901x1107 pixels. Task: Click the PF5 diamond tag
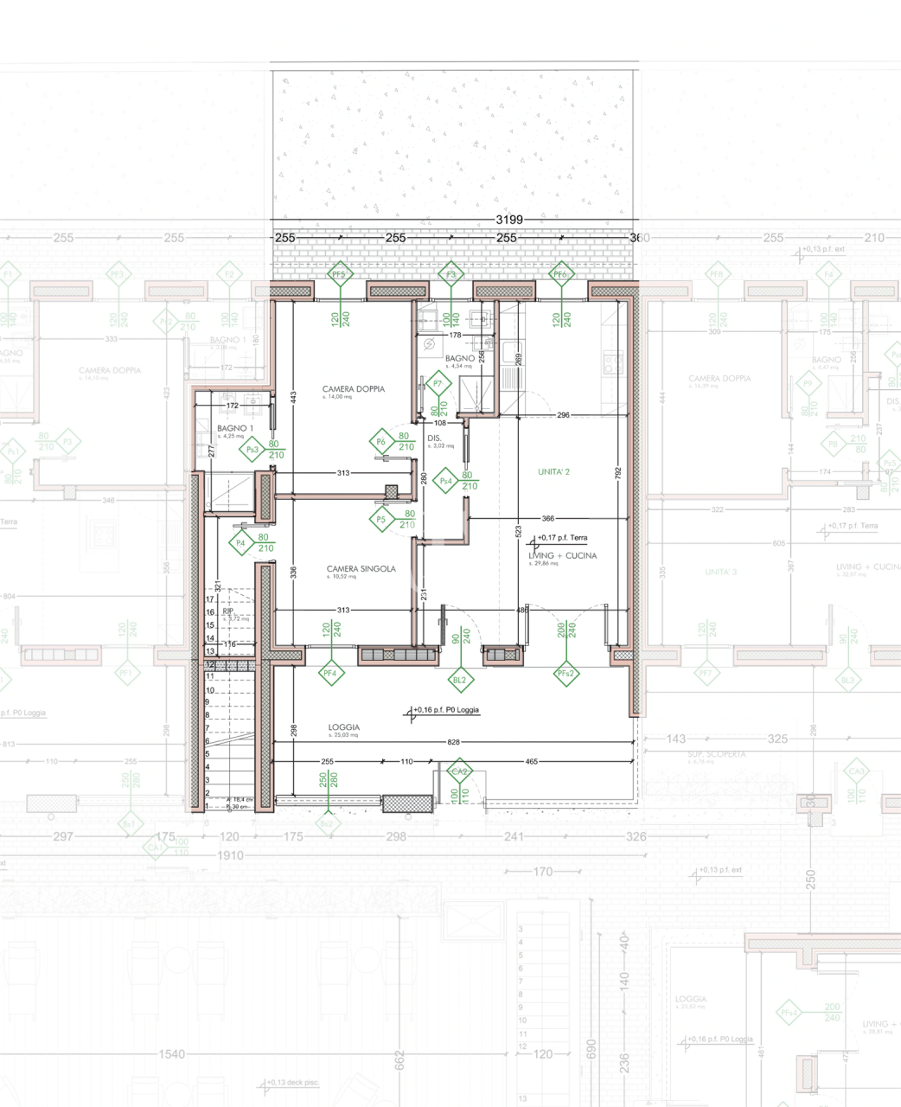point(339,274)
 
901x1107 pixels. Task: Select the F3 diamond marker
point(450,274)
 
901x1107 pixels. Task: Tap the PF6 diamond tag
point(560,274)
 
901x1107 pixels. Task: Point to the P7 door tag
point(438,383)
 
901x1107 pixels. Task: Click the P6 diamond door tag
point(381,442)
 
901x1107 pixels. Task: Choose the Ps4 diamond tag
point(446,481)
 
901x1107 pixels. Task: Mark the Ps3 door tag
point(252,449)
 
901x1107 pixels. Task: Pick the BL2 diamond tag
point(459,680)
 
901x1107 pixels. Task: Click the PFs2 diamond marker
point(566,673)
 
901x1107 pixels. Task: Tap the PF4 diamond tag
point(329,672)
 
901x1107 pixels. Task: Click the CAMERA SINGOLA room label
point(361,569)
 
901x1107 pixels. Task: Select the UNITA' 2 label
point(554,471)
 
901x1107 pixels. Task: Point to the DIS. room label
point(435,438)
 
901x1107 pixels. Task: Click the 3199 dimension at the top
point(509,221)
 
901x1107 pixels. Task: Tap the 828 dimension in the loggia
point(454,742)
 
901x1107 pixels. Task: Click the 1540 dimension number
point(172,1054)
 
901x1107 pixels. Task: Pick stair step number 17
point(209,598)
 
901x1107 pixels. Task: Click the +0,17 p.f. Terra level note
point(562,538)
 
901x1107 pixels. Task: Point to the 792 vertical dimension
point(617,473)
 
